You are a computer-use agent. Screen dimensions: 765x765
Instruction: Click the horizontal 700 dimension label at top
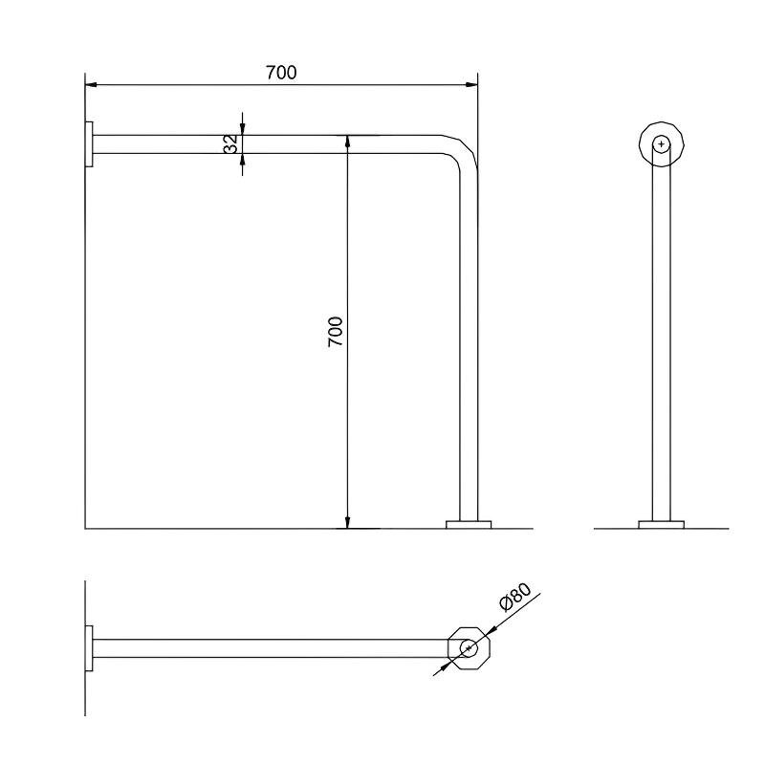pyautogui.click(x=281, y=73)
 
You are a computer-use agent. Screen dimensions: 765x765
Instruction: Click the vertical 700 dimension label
pyautogui.click(x=336, y=332)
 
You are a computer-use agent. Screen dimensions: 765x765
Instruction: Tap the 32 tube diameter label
pyautogui.click(x=230, y=144)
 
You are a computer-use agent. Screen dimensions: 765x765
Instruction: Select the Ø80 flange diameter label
pyautogui.click(x=515, y=597)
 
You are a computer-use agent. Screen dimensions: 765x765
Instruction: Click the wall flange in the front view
pyautogui.click(x=89, y=144)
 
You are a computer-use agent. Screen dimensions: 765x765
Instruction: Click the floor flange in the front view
pyautogui.click(x=469, y=524)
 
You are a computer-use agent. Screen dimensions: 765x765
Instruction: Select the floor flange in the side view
pyautogui.click(x=662, y=524)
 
